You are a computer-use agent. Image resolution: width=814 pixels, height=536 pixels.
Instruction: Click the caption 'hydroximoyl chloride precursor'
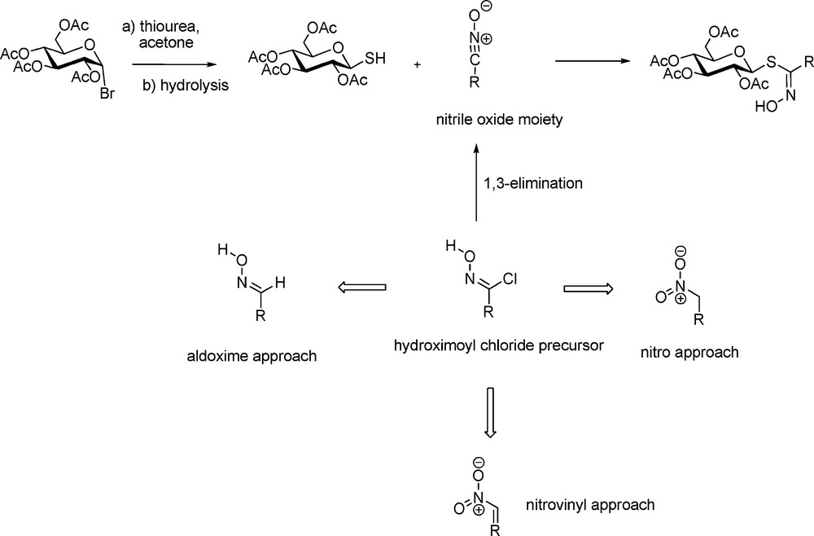pos(499,345)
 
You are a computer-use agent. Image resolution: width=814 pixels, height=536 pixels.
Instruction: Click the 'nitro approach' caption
pos(689,352)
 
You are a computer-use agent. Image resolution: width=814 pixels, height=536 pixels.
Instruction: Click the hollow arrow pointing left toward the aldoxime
pos(361,287)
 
